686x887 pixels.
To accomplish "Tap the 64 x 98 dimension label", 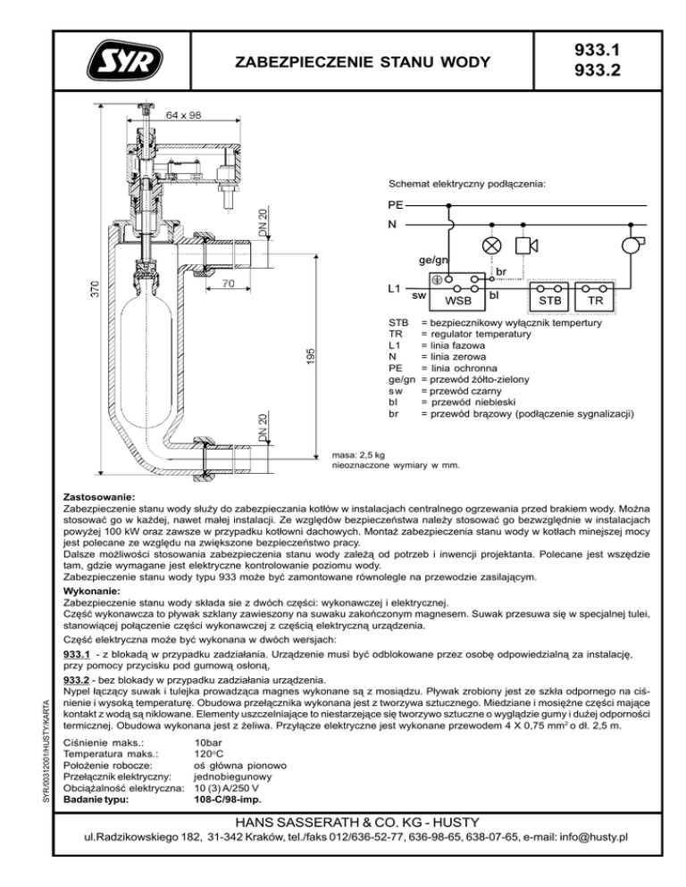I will (183, 114).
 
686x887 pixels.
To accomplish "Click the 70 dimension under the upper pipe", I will (229, 284).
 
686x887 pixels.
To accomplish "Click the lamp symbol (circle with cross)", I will (490, 245).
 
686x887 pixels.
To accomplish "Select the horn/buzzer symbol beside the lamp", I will (527, 245).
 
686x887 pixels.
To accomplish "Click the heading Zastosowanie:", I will (99, 494).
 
